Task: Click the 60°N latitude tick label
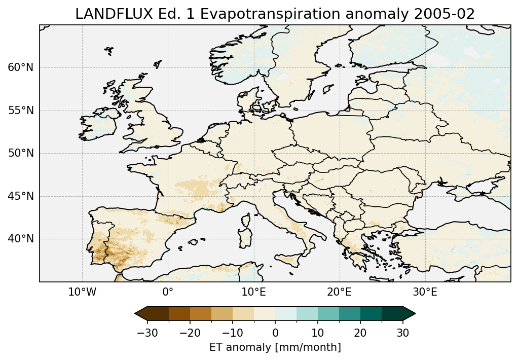pos(20,68)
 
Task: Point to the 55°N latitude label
pos(20,111)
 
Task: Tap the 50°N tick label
pos(20,154)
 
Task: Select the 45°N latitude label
pos(20,196)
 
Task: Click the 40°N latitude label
pos(20,239)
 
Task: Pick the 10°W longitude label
pos(82,293)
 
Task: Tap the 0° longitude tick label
pos(168,293)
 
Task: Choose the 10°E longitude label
pos(253,293)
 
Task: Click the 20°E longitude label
pos(339,293)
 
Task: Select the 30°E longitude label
pos(425,293)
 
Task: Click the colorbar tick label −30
pos(146,333)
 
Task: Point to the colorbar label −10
pos(232,333)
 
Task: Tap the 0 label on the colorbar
pos(275,333)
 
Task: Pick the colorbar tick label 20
pos(360,333)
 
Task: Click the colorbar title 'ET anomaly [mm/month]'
pos(275,347)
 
